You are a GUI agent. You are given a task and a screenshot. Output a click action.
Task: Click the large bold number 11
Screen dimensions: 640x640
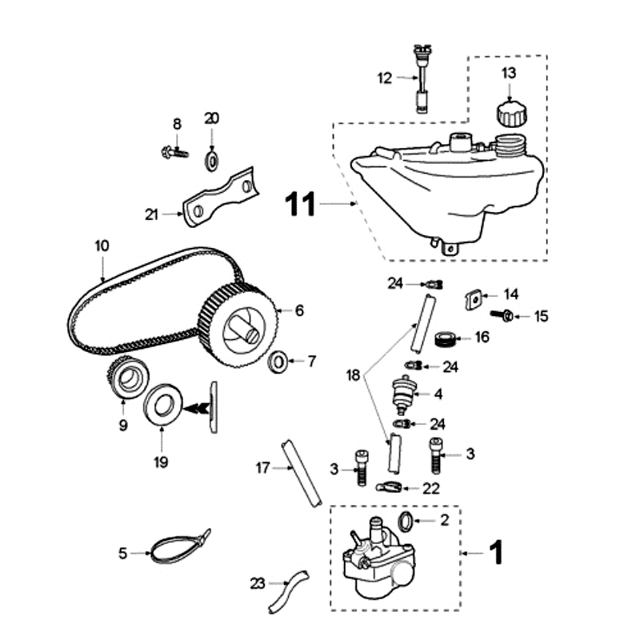[302, 205]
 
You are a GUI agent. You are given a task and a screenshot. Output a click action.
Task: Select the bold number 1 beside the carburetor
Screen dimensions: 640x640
[496, 552]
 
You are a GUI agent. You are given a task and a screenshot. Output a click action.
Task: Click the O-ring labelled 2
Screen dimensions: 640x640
[405, 522]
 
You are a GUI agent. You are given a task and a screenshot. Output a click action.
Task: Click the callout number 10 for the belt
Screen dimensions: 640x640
[101, 246]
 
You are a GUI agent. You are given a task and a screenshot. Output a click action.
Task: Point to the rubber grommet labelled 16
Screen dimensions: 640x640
[446, 338]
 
